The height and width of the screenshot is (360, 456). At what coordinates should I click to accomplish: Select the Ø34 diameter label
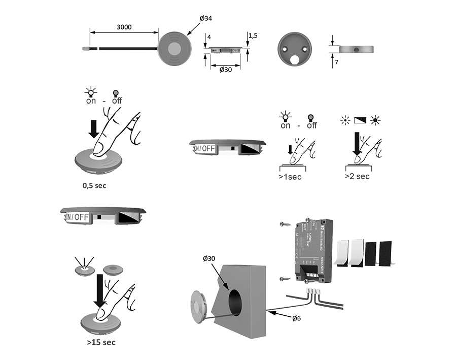205,18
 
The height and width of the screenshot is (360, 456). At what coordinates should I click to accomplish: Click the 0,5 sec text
94,185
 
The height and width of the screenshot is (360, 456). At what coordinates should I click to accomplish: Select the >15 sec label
100,342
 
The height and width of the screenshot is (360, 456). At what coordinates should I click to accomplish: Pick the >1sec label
290,177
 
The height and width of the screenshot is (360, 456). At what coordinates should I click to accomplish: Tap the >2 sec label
357,176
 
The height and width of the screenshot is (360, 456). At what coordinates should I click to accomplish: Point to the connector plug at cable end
85,48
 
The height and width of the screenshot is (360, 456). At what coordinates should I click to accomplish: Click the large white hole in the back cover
295,59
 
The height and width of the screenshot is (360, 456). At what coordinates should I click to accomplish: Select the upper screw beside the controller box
283,224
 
